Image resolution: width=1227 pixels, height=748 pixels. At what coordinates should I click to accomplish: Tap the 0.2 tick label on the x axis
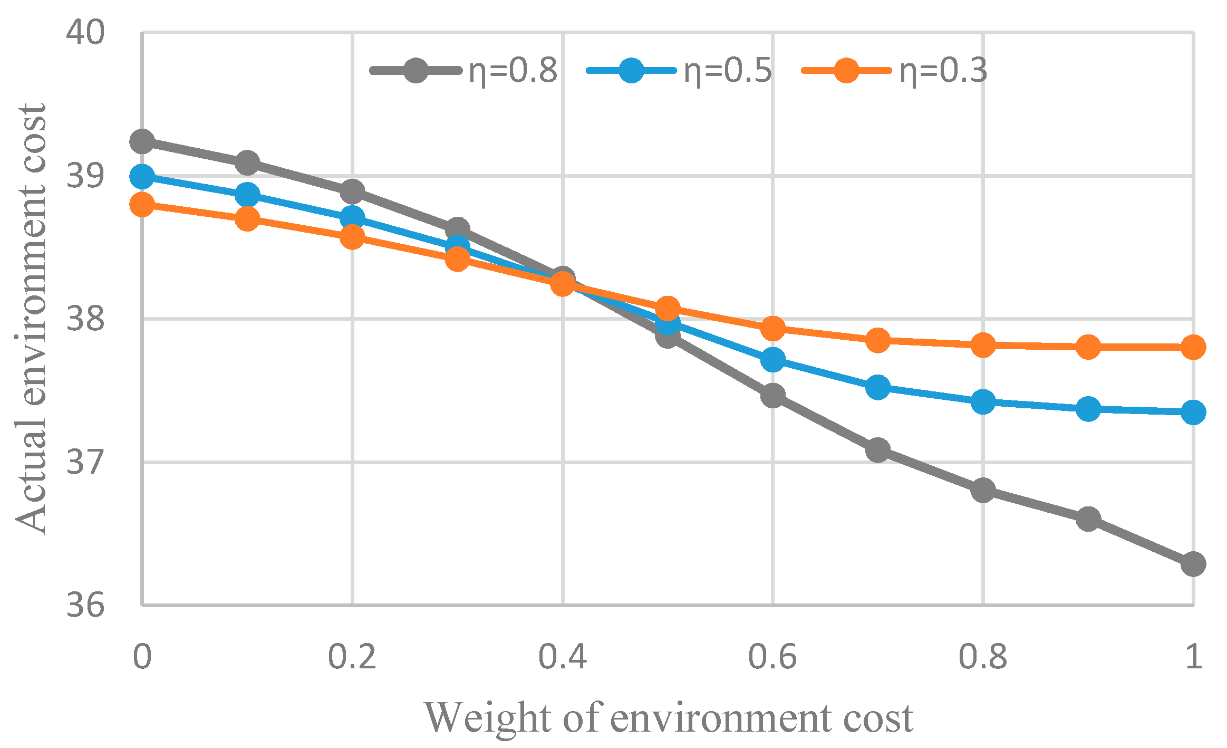pyautogui.click(x=352, y=657)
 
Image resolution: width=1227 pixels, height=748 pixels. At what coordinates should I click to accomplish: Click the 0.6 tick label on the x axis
pyautogui.click(x=772, y=657)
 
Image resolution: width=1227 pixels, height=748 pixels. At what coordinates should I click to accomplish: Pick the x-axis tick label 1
pyautogui.click(x=1193, y=657)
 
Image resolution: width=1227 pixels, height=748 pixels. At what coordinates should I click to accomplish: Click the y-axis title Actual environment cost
pyautogui.click(x=31, y=319)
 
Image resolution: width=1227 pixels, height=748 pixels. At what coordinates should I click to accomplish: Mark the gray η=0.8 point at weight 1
pyautogui.click(x=1193, y=564)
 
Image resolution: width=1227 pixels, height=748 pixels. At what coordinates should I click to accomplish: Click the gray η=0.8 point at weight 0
pyautogui.click(x=142, y=141)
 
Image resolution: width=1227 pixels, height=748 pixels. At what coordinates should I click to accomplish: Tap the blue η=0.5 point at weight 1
pyautogui.click(x=1193, y=412)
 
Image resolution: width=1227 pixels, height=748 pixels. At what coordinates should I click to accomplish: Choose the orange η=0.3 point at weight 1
pyautogui.click(x=1193, y=347)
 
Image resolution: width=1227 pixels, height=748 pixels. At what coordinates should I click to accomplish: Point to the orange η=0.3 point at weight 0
pyautogui.click(x=142, y=204)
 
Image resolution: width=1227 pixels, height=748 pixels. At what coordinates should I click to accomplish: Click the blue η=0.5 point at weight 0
pyautogui.click(x=142, y=176)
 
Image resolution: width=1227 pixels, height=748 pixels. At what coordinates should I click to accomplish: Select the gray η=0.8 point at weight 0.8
pyautogui.click(x=983, y=491)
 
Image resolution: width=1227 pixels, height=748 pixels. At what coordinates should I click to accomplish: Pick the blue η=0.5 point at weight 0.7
pyautogui.click(x=878, y=387)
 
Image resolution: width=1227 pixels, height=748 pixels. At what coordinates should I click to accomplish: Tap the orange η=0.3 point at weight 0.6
pyautogui.click(x=773, y=328)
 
